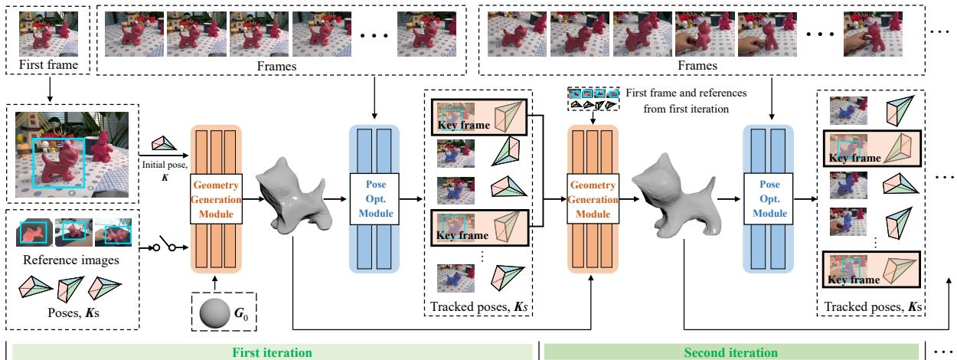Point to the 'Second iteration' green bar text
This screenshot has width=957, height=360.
[733, 352]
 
